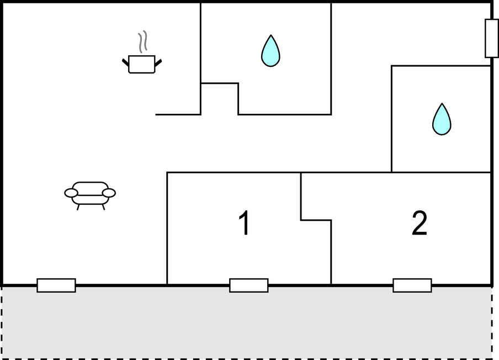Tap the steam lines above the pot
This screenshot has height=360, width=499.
(143, 41)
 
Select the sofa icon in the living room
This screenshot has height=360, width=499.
(90, 194)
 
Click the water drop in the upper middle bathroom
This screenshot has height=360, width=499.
(270, 51)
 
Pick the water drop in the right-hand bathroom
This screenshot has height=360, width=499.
(442, 119)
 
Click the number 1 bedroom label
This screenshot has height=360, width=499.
(245, 223)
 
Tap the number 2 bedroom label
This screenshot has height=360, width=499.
(420, 223)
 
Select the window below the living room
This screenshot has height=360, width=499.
(56, 285)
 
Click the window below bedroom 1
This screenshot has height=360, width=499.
(249, 285)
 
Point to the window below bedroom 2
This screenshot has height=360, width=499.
(412, 285)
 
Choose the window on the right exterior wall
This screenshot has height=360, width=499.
(492, 38)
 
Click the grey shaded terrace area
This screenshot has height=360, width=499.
(247, 323)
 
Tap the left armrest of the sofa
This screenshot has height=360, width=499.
(71, 193)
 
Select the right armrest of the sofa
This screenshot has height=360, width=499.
(109, 193)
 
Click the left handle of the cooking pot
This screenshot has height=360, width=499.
(126, 62)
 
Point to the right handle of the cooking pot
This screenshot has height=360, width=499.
(158, 63)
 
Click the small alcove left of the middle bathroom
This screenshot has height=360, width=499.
(220, 99)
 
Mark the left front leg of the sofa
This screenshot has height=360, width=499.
(78, 207)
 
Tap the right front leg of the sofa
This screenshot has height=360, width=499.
(103, 207)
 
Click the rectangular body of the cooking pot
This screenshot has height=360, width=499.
(142, 64)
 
